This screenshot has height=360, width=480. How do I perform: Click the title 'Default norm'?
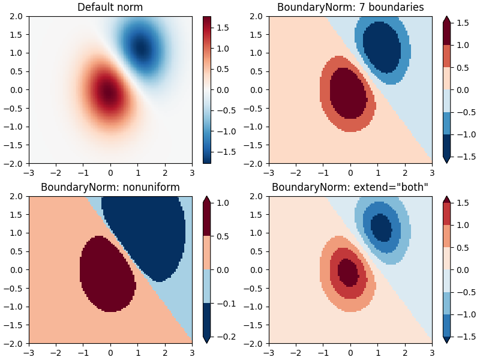(110, 7)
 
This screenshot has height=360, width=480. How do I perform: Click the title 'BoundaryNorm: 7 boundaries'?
(350, 7)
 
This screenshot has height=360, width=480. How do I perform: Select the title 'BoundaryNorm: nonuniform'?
(110, 187)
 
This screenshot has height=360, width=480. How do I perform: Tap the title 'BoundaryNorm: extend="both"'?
(350, 187)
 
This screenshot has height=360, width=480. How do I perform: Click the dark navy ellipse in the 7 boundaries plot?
(382, 47)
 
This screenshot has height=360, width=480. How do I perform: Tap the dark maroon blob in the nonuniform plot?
(108, 273)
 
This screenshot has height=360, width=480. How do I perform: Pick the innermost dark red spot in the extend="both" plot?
(347, 272)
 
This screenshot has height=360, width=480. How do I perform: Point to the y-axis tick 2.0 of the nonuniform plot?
(18, 196)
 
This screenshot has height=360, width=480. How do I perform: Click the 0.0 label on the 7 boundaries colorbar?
(462, 90)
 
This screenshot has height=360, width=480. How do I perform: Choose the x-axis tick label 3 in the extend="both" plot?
(432, 352)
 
